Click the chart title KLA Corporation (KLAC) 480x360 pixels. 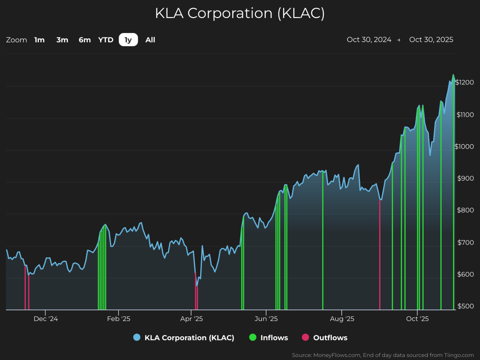click(240, 14)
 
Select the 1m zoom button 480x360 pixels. click(39, 40)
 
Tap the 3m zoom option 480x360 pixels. click(62, 40)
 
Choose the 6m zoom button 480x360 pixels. click(85, 40)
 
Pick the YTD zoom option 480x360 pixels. click(106, 40)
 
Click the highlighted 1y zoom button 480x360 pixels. click(128, 40)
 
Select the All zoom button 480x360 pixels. click(150, 40)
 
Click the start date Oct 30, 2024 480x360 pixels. click(369, 39)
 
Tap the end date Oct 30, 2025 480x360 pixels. click(431, 39)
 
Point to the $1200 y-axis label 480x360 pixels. click(465, 82)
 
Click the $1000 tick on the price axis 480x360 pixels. click(464, 147)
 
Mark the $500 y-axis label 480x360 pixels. click(466, 306)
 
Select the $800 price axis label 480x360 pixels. click(465, 210)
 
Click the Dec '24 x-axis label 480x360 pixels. click(46, 319)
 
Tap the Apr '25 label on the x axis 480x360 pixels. click(191, 319)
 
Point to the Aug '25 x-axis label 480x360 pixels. click(342, 319)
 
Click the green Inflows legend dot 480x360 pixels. click(253, 338)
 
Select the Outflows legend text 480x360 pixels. click(330, 338)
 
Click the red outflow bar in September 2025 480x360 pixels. click(380, 254)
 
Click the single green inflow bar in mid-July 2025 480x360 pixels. click(323, 241)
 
